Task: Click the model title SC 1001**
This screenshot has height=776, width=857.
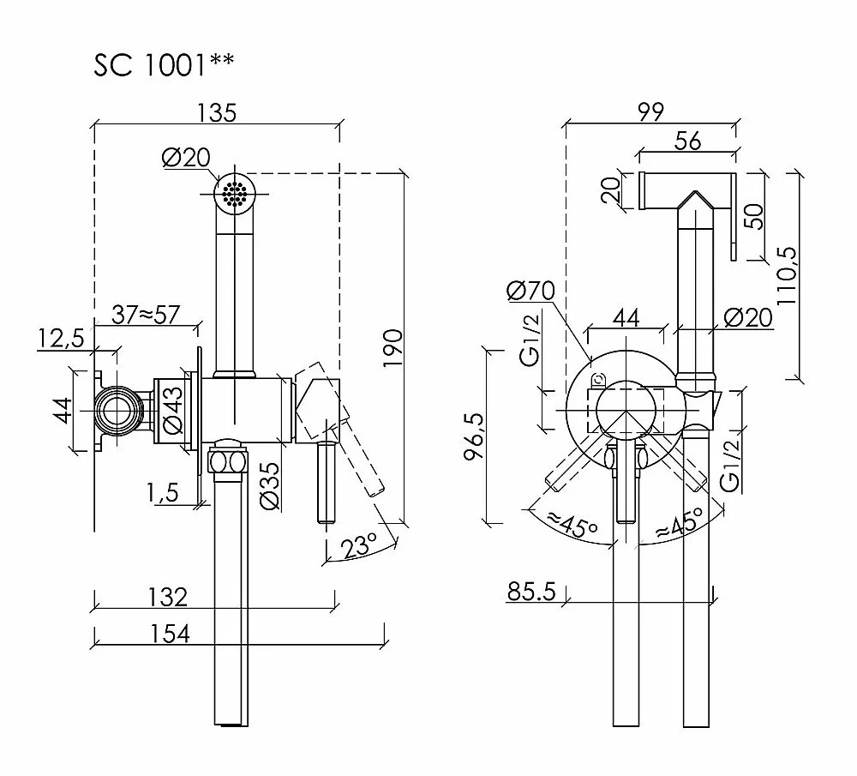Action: pos(164,64)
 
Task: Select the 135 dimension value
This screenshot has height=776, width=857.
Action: pos(217,112)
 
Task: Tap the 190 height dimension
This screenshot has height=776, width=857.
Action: pos(393,348)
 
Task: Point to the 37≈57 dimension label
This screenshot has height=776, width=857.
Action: pos(146,315)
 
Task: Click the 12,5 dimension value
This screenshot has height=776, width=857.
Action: pos(61,339)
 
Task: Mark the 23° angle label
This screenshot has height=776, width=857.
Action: pos(358,545)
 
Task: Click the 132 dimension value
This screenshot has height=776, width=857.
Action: pos(168,597)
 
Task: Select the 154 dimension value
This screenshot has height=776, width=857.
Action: pos(170,634)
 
